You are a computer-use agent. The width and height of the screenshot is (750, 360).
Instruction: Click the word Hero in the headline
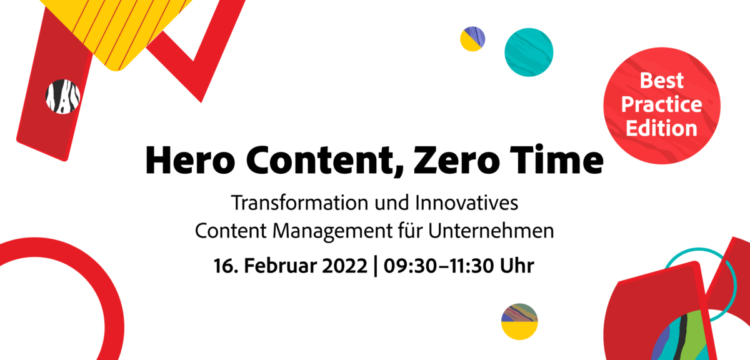(x=191, y=160)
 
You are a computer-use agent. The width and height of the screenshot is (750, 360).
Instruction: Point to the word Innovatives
(x=467, y=203)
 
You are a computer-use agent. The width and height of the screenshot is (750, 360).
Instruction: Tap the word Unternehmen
(x=491, y=231)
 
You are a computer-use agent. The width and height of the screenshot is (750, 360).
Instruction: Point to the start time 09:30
(x=410, y=266)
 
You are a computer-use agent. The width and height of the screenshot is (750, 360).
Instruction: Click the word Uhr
(x=517, y=266)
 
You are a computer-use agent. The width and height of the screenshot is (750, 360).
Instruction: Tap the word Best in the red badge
(x=662, y=81)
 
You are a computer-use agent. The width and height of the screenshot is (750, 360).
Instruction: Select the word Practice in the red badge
(x=662, y=104)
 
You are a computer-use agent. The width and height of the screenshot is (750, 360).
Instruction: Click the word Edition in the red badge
(x=662, y=128)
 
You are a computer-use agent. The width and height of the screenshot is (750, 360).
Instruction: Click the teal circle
(x=529, y=52)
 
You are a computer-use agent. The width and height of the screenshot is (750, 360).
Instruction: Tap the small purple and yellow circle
(x=472, y=39)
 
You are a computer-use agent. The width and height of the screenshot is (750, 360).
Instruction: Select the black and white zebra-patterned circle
(x=62, y=97)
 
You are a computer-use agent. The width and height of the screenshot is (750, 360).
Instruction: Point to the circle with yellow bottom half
(x=519, y=322)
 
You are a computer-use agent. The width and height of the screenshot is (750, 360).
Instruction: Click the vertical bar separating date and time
(x=376, y=266)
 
